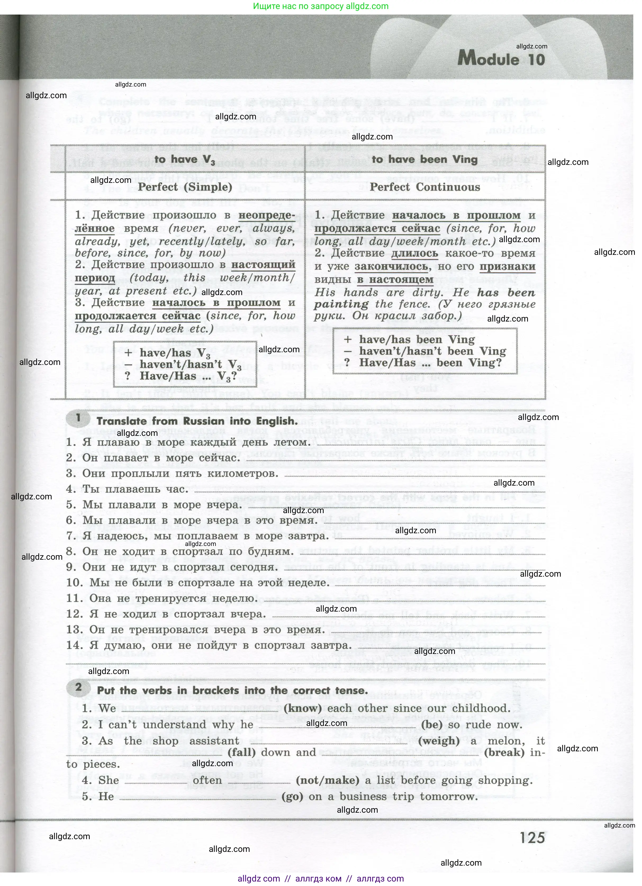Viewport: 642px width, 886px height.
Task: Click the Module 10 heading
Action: click(x=501, y=59)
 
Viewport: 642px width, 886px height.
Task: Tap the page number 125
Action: click(x=532, y=838)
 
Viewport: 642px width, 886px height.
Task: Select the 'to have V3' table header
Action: click(x=184, y=160)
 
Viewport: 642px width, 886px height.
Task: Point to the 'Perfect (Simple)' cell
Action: click(x=185, y=187)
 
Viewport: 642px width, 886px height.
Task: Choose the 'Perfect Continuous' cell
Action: click(x=425, y=187)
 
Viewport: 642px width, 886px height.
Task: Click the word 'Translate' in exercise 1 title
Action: click(x=121, y=421)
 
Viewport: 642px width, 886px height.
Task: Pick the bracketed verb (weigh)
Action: click(x=439, y=741)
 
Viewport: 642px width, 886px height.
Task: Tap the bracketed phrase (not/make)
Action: click(x=327, y=780)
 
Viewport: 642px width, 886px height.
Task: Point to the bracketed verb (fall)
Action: click(x=242, y=752)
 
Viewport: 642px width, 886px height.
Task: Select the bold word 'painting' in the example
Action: click(x=341, y=304)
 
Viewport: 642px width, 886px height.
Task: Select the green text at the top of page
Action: click(x=320, y=6)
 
